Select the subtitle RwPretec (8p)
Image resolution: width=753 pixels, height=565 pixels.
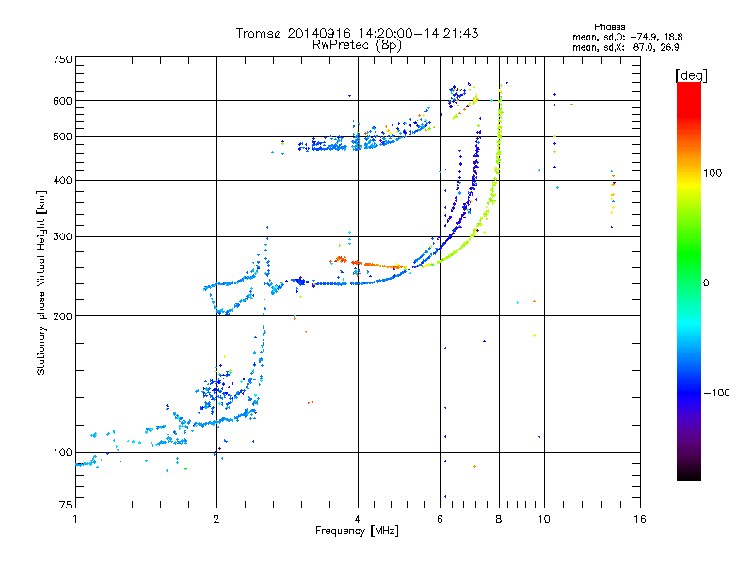click(357, 45)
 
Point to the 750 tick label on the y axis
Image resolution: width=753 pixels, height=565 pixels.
click(62, 59)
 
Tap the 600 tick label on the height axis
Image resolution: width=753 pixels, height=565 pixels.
click(62, 101)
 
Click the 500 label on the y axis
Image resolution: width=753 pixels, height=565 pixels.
click(62, 137)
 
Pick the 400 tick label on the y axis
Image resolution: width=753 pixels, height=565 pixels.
click(62, 180)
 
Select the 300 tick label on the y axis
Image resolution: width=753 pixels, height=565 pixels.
click(62, 236)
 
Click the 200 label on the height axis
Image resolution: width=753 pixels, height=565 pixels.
click(62, 316)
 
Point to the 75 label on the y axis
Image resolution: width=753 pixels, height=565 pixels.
click(66, 505)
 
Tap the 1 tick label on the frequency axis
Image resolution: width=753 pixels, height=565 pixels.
click(75, 519)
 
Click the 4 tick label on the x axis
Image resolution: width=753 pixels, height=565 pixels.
click(358, 519)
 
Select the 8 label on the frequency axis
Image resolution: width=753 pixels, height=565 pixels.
click(499, 519)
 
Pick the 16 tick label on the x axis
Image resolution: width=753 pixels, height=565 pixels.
click(640, 519)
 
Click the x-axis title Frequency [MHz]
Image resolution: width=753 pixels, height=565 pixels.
click(357, 531)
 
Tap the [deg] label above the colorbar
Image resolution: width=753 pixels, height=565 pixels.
click(691, 75)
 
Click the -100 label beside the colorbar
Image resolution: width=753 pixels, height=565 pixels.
click(716, 393)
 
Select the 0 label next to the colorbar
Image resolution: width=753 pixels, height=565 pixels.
click(706, 283)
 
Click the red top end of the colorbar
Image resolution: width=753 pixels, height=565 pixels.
click(689, 86)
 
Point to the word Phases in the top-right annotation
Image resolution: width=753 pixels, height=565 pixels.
click(609, 27)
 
